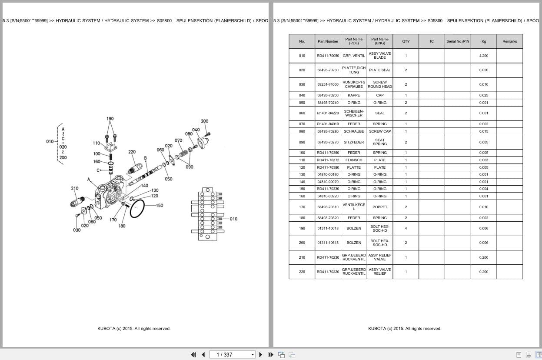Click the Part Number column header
[x=328, y=41]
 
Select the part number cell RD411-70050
[x=328, y=56]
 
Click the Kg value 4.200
[x=483, y=56]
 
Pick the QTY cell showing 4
[x=406, y=228]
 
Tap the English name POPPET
[x=379, y=207]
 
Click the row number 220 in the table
[x=302, y=272]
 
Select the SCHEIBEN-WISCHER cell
[x=354, y=113]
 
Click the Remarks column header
[x=509, y=41]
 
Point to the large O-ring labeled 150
[x=137, y=209]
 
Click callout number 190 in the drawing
[x=110, y=119]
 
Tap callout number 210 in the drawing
[x=75, y=188]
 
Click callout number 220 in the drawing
[x=132, y=152]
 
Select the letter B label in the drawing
[x=146, y=158]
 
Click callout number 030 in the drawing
[x=76, y=230]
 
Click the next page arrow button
[x=260, y=354]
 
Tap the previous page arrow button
[x=203, y=354]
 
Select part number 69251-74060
[x=328, y=84]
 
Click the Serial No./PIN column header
[x=457, y=41]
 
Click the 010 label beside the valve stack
[x=233, y=219]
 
